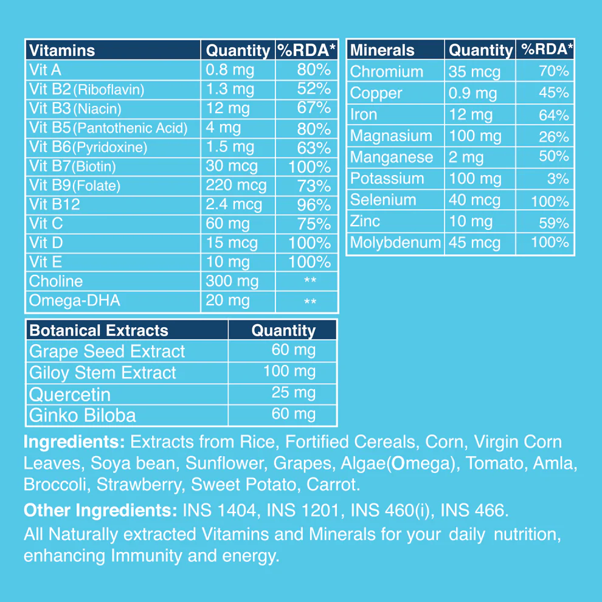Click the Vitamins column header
(62, 50)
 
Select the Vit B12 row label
(54, 205)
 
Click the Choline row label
(56, 281)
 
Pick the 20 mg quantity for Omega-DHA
(227, 300)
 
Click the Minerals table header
(382, 50)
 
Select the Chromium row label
(386, 72)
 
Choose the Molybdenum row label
(395, 243)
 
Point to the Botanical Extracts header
(99, 330)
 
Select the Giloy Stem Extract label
(102, 373)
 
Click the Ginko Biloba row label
(82, 415)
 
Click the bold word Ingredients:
(74, 441)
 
